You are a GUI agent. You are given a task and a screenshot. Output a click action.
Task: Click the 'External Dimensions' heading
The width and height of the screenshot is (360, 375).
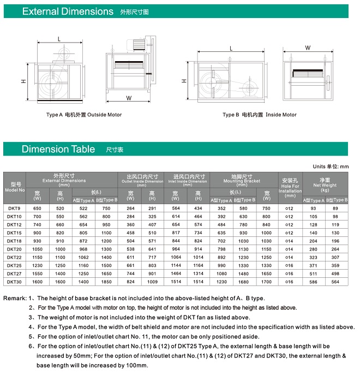tap(68, 11)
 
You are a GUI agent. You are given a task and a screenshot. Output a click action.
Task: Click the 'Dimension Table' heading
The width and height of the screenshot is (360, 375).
tap(58, 149)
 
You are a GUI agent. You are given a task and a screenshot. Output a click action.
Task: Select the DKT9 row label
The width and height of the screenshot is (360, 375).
tap(14, 209)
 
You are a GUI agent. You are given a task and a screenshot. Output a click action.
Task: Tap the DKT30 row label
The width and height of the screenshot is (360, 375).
tap(15, 282)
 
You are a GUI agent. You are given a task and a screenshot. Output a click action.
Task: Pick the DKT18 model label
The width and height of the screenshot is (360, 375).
tap(15, 241)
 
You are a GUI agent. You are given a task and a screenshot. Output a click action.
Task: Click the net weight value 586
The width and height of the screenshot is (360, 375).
tap(313, 282)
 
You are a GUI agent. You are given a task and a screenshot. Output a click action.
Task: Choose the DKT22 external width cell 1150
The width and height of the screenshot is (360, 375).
tap(37, 257)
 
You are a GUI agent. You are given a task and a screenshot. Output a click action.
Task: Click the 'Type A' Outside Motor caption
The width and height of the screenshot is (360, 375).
tap(84, 115)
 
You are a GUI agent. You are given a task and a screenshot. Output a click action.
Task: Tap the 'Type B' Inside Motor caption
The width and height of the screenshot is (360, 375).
tap(260, 115)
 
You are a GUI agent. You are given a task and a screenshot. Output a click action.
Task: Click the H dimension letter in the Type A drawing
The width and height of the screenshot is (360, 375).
tap(24, 81)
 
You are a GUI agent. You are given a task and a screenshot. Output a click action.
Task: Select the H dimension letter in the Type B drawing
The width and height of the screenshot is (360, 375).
tap(184, 81)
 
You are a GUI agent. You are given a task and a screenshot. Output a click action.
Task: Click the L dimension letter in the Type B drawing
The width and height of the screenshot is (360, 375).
tap(231, 49)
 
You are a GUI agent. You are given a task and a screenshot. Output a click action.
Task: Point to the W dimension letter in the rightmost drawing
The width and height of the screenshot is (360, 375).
tap(308, 48)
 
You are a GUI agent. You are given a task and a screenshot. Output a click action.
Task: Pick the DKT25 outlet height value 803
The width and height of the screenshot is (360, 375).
tap(152, 265)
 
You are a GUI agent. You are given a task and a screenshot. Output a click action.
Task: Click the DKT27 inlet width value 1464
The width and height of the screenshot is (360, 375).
tap(176, 273)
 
